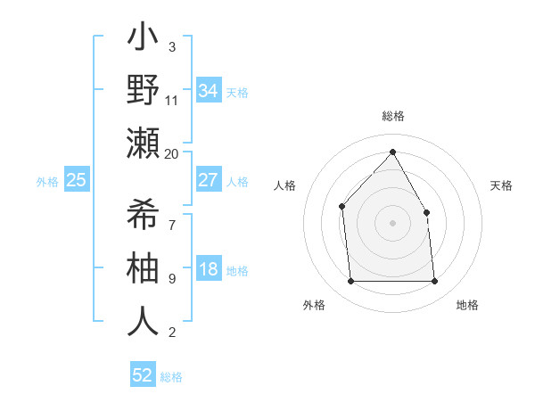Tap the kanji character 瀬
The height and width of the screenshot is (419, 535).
[x=143, y=144]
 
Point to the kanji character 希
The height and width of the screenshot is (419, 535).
[x=143, y=215]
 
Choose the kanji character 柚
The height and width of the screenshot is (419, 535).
[x=143, y=268]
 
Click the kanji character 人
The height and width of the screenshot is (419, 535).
[x=143, y=322]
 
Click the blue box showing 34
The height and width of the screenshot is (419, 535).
[x=208, y=91]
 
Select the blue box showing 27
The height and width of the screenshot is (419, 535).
[x=208, y=180]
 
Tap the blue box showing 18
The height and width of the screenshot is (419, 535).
[x=208, y=270]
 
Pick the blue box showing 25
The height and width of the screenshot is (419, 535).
[x=76, y=181]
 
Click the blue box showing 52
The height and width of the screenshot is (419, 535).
[x=143, y=375]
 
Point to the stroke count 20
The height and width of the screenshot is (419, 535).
[x=172, y=153]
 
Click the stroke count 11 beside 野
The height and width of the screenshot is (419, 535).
[x=172, y=100]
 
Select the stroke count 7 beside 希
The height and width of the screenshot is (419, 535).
[x=172, y=215]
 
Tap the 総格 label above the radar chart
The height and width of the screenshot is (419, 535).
[x=392, y=116]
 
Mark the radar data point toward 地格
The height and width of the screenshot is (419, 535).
[x=435, y=282]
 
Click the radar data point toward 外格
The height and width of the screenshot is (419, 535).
[x=350, y=282]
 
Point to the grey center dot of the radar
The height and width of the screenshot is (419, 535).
[x=392, y=223]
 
